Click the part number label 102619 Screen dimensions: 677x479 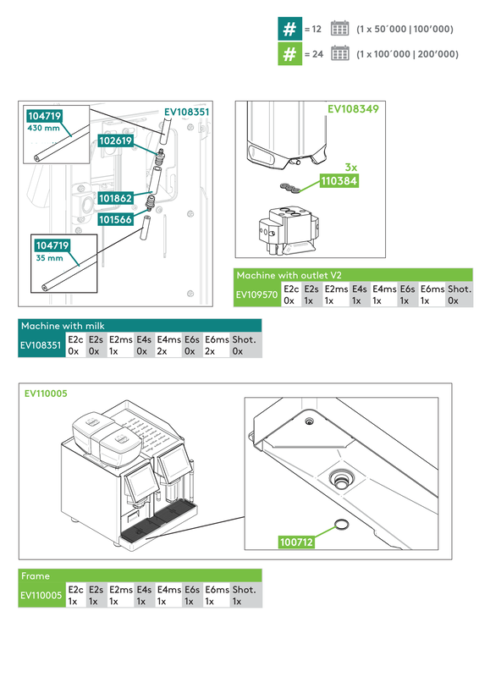[115, 140]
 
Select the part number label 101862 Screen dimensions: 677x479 [115, 199]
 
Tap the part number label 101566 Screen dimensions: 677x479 [115, 218]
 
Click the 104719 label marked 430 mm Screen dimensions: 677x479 [45, 116]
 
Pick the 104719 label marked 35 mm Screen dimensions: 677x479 [52, 245]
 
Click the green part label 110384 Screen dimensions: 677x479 [339, 180]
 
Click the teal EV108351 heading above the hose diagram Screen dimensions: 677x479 [186, 111]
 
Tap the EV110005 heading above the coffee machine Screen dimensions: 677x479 [47, 394]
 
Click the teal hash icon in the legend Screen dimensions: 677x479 [289, 29]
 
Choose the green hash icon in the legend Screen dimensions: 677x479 [289, 54]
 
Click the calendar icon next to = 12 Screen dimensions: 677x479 [339, 29]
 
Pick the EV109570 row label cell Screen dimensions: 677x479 [256, 294]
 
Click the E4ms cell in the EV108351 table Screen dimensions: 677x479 [168, 345]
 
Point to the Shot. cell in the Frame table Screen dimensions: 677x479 [245, 595]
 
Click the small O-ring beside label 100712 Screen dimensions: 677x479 [342, 526]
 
